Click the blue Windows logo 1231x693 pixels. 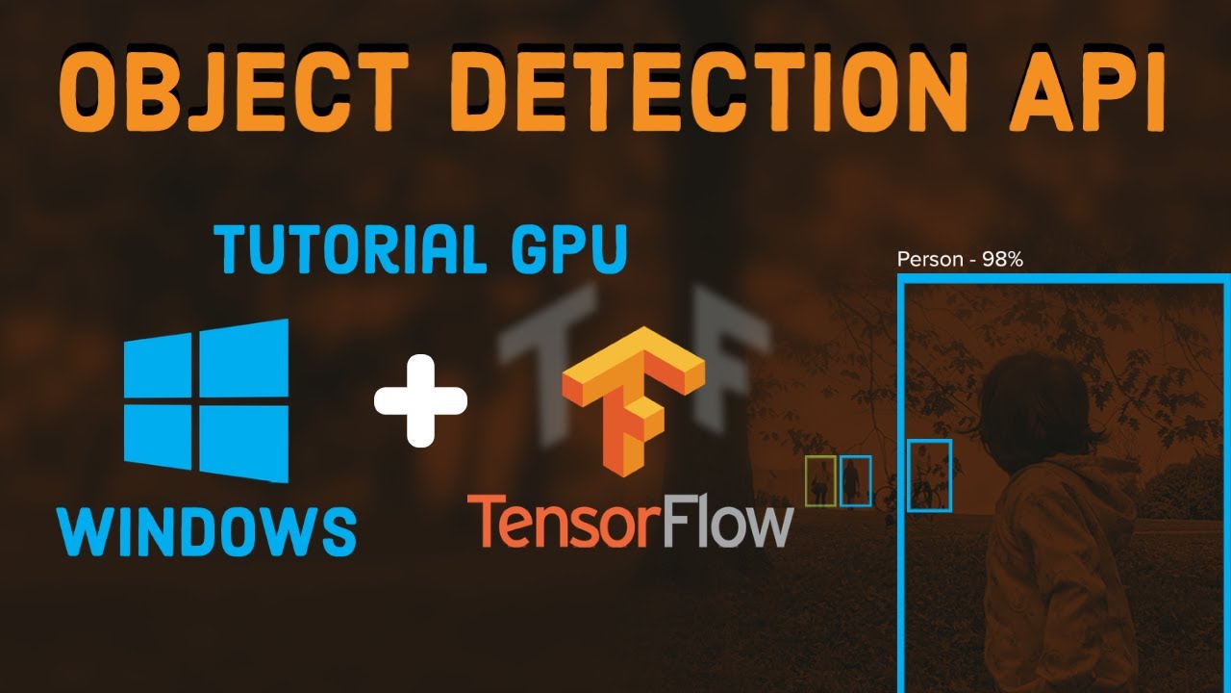(206, 400)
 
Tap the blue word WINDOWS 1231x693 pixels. (206, 527)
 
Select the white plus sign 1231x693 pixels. (420, 400)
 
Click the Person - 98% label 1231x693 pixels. (959, 260)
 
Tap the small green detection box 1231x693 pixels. (820, 480)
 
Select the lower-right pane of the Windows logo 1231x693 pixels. (244, 442)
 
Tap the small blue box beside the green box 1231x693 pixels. (855, 480)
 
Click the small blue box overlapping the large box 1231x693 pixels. (930, 475)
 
